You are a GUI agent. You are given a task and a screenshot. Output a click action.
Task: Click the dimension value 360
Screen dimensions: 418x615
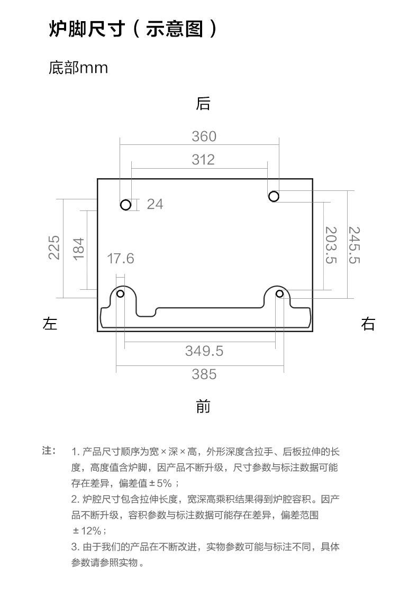tap(204, 136)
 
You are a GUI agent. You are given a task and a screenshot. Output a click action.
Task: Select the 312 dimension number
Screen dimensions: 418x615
tap(203, 160)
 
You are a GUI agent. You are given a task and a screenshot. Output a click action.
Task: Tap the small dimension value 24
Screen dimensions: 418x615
tap(155, 204)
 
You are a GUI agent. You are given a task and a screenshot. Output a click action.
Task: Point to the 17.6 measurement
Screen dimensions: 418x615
tap(121, 259)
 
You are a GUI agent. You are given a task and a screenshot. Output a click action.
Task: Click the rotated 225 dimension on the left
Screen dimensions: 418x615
tap(54, 247)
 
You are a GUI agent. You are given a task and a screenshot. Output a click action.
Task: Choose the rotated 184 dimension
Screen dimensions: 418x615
tap(78, 249)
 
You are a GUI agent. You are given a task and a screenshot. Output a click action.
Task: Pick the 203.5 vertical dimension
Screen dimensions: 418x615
tap(331, 245)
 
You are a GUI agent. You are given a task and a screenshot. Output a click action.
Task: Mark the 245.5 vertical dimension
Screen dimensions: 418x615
tap(355, 245)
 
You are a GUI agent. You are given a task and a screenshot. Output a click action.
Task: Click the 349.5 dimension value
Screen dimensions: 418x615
tap(204, 351)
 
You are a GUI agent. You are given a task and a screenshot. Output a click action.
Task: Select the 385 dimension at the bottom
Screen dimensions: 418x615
tap(204, 374)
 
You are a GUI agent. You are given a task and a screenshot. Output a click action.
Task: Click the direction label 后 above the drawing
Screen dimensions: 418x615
tap(203, 104)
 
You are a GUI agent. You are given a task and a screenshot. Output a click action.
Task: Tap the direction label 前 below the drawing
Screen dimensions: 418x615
tap(203, 406)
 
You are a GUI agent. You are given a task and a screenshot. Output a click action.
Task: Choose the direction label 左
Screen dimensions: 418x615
tap(50, 324)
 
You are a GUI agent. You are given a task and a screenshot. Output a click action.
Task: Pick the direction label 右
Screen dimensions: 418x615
tap(368, 324)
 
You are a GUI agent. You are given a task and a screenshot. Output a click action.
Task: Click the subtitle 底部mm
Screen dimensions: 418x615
tap(78, 68)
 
